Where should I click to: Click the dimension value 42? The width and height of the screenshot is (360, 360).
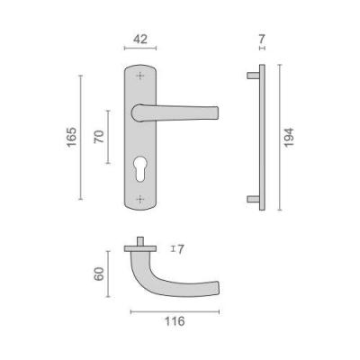(140, 39)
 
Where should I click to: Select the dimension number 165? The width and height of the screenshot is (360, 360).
(72, 137)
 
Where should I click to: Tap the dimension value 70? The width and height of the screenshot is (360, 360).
(99, 137)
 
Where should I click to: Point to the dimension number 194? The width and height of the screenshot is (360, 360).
(289, 138)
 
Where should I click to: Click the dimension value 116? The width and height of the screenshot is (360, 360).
(175, 321)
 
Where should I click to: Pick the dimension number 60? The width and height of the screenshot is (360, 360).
(99, 274)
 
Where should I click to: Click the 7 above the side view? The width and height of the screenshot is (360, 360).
(262, 39)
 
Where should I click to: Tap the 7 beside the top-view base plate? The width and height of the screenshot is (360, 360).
(180, 249)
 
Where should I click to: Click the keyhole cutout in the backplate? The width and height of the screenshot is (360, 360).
(140, 169)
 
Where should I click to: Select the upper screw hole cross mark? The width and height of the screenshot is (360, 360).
(140, 76)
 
